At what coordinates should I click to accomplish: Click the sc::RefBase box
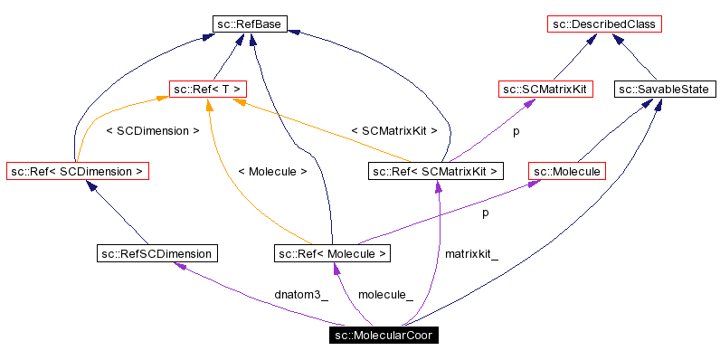point(251,24)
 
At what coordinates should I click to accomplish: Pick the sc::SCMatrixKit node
point(539,90)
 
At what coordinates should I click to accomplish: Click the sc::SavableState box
point(666,90)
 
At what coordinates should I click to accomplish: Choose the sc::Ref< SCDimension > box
point(77,170)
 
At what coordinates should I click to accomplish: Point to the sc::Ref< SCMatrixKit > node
point(436,170)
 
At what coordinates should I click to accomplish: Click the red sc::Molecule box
point(566,170)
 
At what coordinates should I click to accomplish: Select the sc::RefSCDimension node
point(157,253)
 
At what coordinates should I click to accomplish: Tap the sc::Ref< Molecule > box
point(333,253)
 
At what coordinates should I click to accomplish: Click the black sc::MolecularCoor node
point(384,336)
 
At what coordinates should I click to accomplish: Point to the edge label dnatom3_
point(301,295)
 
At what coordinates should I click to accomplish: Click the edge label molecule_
point(385,295)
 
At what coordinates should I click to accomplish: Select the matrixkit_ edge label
point(471,254)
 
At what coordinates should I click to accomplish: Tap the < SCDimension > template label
point(152,130)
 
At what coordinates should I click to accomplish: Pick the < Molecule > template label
point(272,170)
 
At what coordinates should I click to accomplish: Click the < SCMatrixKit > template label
point(393,130)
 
